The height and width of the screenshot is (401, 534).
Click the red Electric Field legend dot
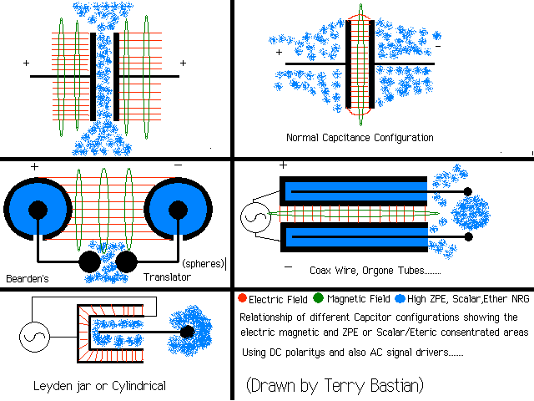(242, 298)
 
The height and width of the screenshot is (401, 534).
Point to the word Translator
(168, 277)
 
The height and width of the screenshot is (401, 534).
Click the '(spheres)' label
(202, 264)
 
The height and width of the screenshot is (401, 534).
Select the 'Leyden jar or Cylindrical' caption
(99, 386)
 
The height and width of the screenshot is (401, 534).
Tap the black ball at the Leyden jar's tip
(187, 332)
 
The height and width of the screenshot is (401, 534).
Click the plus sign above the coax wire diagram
(283, 166)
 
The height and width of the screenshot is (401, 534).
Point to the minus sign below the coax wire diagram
(288, 268)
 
